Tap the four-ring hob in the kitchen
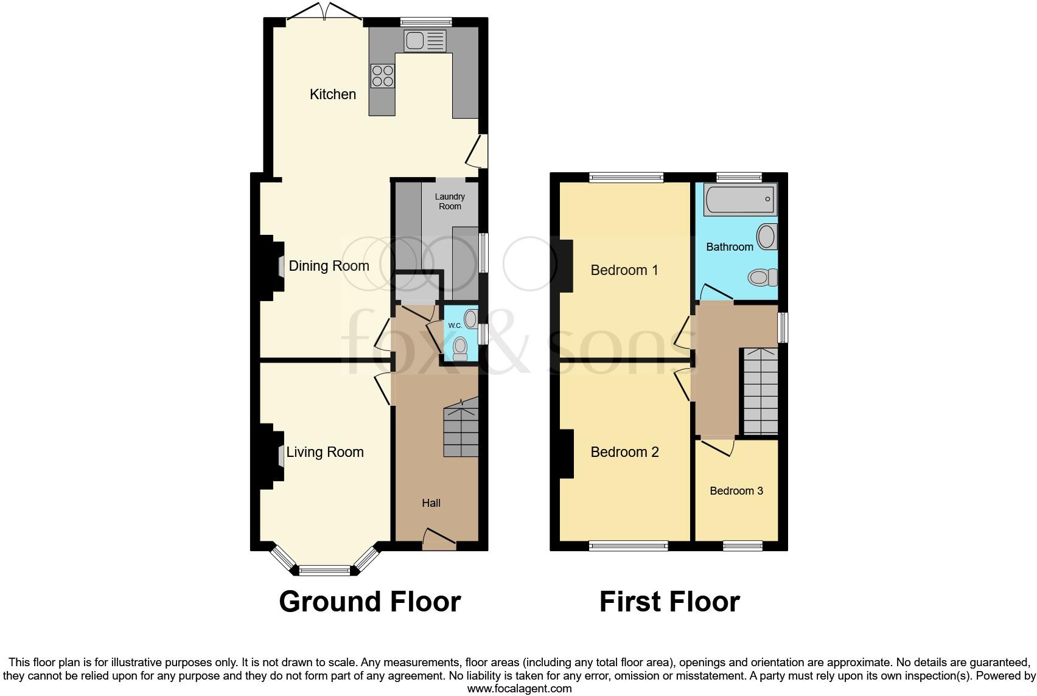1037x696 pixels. [382, 76]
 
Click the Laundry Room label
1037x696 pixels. [450, 201]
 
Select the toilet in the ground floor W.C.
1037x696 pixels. [461, 349]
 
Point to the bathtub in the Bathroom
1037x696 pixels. [741, 200]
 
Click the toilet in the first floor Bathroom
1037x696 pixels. [763, 278]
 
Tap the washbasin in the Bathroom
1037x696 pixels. [767, 237]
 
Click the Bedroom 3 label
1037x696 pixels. [736, 491]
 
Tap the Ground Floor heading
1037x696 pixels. [369, 602]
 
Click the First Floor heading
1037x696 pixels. [669, 602]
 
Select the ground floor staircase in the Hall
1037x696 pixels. [461, 428]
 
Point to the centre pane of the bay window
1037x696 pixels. [325, 571]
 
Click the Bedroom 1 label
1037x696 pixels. [624, 270]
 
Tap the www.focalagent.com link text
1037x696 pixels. [519, 689]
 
